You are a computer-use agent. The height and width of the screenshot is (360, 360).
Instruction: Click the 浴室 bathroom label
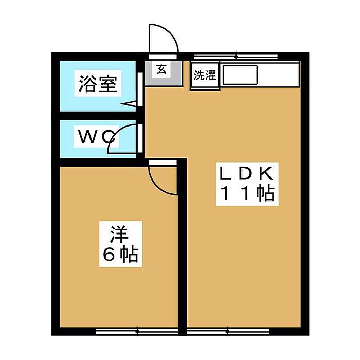click(x=98, y=83)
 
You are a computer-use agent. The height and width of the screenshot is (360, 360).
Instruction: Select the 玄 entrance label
click(x=161, y=69)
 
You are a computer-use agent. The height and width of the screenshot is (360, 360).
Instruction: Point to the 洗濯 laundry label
click(x=205, y=75)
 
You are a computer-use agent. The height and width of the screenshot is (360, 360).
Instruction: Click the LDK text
click(x=246, y=174)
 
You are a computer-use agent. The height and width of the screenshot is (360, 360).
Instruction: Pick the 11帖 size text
click(x=247, y=193)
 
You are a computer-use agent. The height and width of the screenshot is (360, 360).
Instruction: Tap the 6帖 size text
click(x=120, y=255)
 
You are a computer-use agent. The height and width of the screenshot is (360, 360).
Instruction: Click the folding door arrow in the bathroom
click(x=129, y=104)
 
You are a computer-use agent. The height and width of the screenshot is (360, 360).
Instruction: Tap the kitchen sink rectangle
click(x=240, y=75)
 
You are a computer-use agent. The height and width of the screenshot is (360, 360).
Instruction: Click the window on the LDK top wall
click(x=236, y=56)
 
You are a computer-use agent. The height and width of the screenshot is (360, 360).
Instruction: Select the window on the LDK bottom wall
click(x=228, y=331)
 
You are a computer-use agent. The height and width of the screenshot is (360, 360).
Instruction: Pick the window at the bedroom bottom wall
click(x=137, y=331)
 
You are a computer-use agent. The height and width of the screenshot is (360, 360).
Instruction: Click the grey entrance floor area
click(x=163, y=73)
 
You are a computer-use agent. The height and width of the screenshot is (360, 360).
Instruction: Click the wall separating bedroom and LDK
click(x=182, y=246)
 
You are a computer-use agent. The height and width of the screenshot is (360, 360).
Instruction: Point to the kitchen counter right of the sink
click(x=278, y=75)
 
